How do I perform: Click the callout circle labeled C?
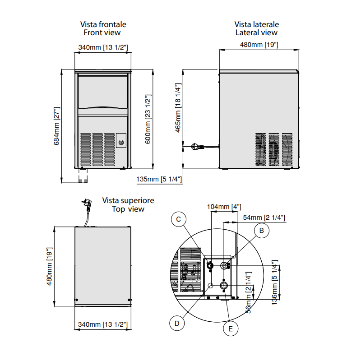coord(179,219)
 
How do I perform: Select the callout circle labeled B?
coord(261,230)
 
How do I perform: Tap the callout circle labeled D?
coord(177,323)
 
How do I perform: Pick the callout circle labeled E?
coord(231,329)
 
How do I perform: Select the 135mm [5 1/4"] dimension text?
coord(159,180)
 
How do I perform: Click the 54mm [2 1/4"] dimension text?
coord(264,218)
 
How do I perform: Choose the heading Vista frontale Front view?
coord(103,28)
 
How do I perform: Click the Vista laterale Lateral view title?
coord(256,28)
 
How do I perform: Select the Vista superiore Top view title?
coord(128,204)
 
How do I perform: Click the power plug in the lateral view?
coord(197,147)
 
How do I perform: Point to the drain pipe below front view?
coord(82,176)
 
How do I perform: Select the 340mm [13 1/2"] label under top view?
coord(102,324)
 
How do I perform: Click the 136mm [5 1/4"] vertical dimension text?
coord(275,282)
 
